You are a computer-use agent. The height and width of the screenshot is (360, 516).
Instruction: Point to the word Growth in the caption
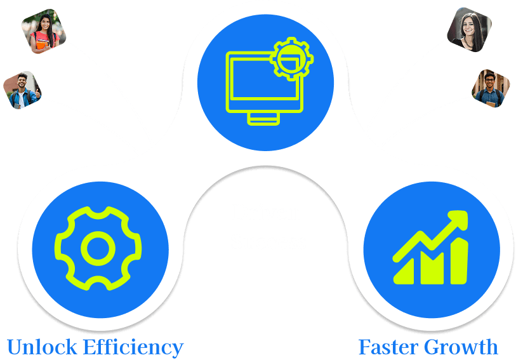point(462,347)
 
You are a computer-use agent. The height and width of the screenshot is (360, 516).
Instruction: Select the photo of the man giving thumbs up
point(22,90)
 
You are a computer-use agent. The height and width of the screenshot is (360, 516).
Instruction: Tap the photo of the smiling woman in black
point(470,29)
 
